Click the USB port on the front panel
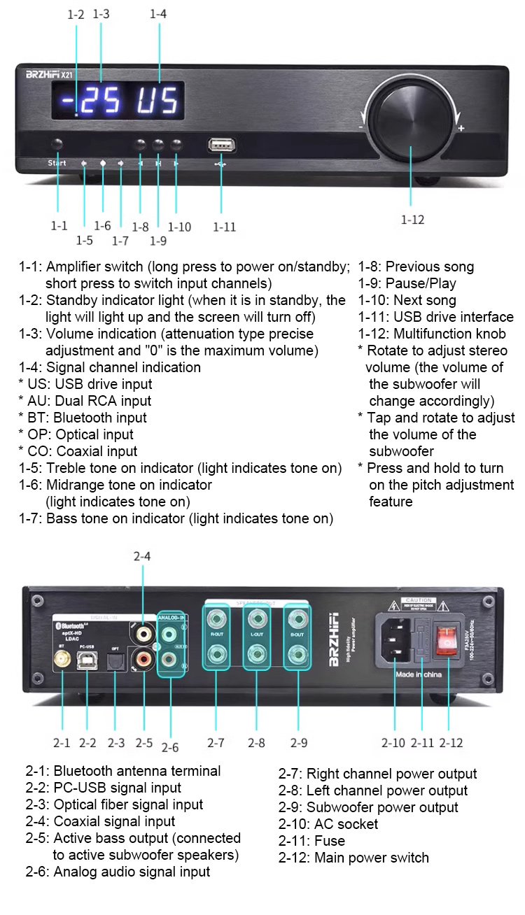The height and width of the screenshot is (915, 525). click(221, 146)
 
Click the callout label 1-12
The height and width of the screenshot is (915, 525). click(412, 220)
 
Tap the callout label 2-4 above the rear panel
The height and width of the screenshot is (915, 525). click(142, 557)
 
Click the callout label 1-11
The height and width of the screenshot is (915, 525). click(224, 227)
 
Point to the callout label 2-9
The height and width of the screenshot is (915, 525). click(299, 743)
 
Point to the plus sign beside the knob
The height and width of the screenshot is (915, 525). click(461, 129)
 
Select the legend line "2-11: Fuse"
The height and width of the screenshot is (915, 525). click(311, 841)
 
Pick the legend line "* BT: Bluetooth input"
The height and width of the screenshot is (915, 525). click(83, 418)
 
